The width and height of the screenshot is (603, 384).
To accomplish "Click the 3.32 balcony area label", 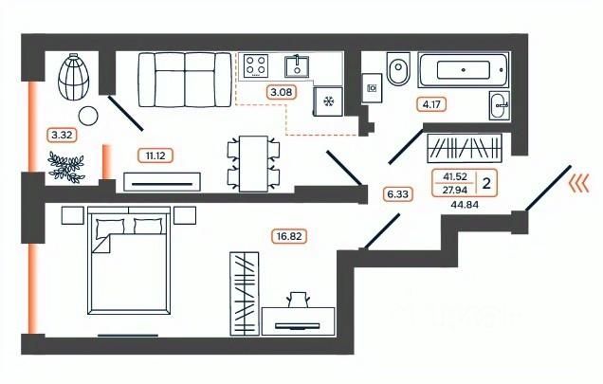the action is coord(62,136).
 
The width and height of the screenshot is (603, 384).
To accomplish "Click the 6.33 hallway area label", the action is coord(397,194).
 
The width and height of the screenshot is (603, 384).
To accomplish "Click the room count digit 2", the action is coord(486,183).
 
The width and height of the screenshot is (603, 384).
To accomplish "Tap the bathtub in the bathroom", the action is coord(465,69).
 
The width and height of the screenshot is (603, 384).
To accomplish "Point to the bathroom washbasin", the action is coord(499,106).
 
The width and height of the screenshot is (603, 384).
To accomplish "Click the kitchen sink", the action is coord(296,65).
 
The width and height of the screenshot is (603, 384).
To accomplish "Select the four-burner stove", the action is coord(256,65).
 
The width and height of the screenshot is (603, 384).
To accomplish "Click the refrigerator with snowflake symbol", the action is coord(330,101).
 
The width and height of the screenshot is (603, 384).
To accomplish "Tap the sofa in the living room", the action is coord(185,80).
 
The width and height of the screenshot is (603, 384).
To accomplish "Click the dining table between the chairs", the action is coord(252,161).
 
